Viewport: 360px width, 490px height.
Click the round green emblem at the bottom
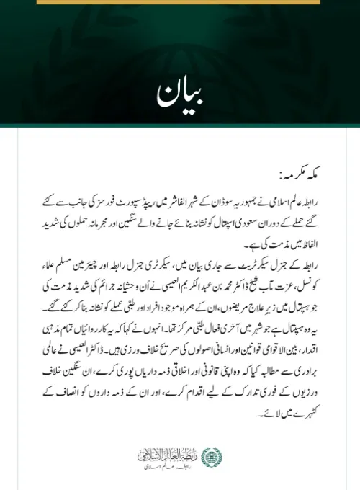(210, 455)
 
